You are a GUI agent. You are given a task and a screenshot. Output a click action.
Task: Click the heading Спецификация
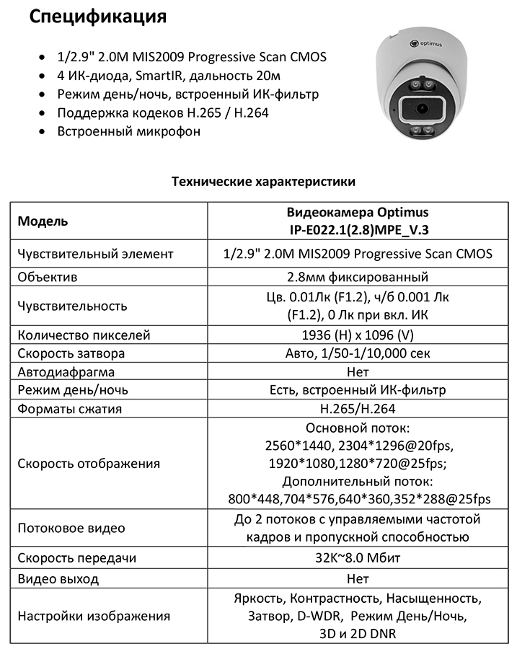97,16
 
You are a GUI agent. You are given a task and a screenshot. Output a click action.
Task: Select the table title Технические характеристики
263,182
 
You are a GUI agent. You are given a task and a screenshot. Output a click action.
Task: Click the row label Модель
43,221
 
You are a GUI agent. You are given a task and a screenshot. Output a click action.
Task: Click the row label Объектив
48,277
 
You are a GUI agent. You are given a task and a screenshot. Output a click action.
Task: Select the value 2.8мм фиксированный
358,277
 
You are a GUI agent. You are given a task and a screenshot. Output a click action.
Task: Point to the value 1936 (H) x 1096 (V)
358,335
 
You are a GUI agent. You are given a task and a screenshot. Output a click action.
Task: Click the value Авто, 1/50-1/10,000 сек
358,353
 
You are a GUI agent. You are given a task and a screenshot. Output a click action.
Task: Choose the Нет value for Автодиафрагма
358,372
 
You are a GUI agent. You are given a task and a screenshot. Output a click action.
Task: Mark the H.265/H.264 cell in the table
358,409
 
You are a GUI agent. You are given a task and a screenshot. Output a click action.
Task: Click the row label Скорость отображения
89,463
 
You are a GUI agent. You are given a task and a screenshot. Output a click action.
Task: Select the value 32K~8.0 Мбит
358,558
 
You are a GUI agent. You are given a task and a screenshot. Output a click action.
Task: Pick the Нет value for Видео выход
358,578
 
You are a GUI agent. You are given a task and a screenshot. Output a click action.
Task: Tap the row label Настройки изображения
94,616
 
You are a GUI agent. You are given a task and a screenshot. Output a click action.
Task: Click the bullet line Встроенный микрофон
129,131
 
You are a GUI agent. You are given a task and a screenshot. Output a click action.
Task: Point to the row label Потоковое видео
71,528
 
